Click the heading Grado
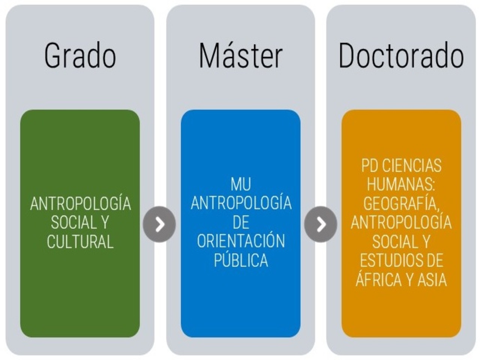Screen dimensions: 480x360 click(80, 55)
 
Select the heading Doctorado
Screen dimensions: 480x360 click(401, 55)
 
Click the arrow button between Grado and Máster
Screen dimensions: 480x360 click(159, 224)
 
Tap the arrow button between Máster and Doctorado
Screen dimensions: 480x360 click(321, 224)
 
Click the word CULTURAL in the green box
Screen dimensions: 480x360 click(80, 241)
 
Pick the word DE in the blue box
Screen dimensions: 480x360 click(241, 222)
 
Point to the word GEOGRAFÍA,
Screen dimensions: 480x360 click(401, 204)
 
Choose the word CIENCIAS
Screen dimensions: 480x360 click(412, 165)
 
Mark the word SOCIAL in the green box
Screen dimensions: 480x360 click(74, 222)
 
